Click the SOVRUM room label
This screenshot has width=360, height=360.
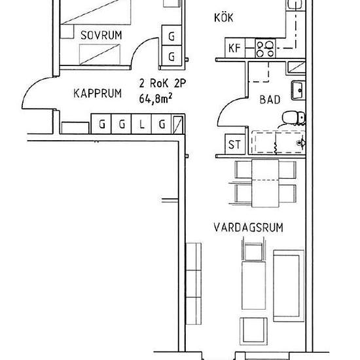pos(100,35)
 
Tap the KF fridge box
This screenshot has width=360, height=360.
pos(234,48)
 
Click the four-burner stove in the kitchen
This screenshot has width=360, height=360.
pos(266,47)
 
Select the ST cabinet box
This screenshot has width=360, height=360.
pos(233,143)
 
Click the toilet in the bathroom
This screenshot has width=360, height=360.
pos(293,118)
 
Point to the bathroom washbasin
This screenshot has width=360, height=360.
pos(297,88)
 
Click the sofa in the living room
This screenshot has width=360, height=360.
pos(287,281)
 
